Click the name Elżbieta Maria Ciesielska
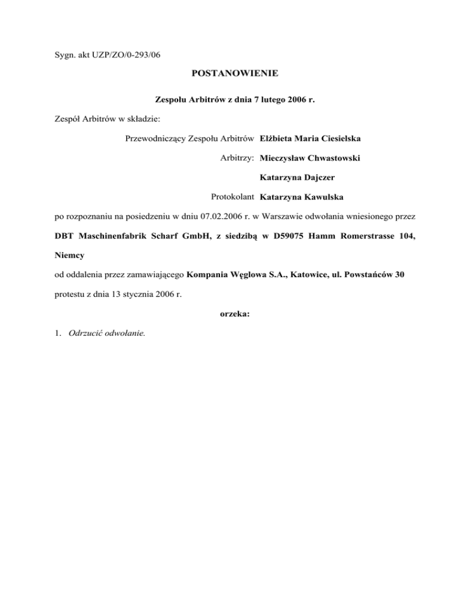point(310,139)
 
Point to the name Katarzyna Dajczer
point(297,177)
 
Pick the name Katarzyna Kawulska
point(299,197)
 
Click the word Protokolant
point(233,197)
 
